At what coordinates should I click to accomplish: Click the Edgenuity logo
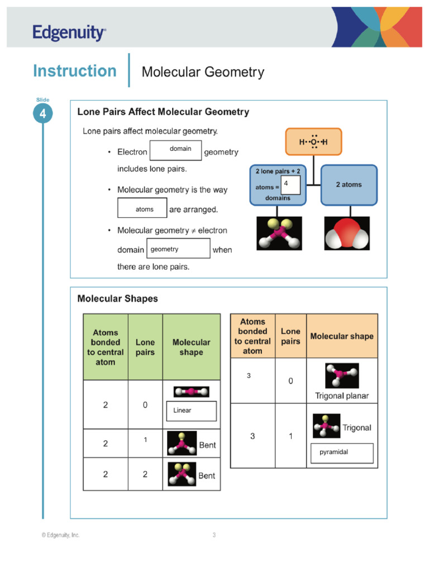coord(69,33)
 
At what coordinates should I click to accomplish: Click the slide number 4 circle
coord(43,114)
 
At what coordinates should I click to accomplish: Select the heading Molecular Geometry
coord(203,72)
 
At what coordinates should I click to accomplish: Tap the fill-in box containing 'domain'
coord(175,150)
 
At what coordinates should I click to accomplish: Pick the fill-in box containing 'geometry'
coord(178,249)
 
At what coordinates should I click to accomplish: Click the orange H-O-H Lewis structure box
coord(313,142)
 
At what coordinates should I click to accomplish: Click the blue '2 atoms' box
coord(349,185)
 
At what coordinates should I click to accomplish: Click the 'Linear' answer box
coord(191,411)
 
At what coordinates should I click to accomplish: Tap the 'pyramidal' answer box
coord(341,453)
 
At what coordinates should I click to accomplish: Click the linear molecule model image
coord(191,392)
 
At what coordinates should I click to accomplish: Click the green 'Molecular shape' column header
coord(191,347)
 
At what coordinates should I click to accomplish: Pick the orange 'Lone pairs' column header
coord(290,336)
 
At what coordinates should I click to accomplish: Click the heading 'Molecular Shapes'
coord(117,299)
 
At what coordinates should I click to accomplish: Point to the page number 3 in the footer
coord(214,535)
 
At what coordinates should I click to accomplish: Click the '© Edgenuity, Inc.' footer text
coord(60,535)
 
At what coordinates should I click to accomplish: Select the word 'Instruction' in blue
coord(75,71)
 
